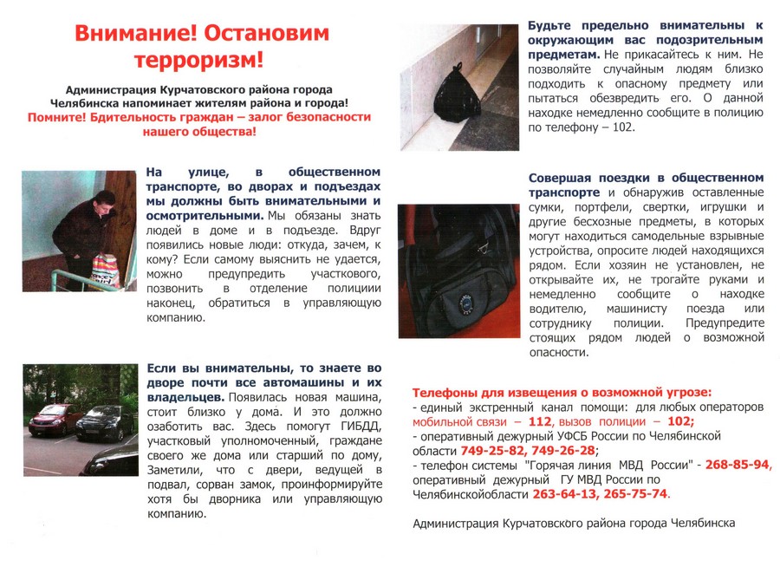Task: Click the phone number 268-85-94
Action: tap(738, 465)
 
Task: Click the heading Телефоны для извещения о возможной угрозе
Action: tap(562, 392)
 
